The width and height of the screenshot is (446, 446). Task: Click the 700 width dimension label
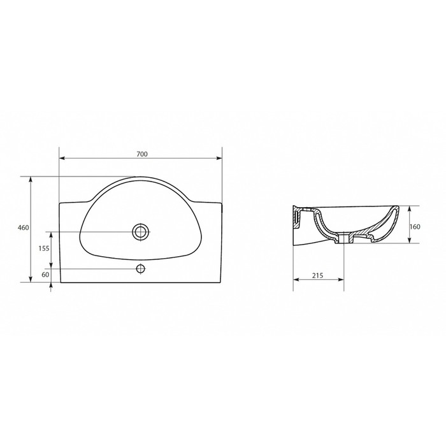pos(142,154)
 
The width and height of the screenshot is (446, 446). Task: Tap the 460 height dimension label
pos(24,228)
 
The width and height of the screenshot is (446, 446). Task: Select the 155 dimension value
pos(44,248)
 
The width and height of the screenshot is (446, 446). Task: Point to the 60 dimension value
pos(45,275)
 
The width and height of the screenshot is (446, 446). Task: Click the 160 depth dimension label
pos(415,227)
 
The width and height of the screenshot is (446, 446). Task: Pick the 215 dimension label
pos(317,275)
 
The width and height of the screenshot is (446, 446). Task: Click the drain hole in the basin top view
pos(141,232)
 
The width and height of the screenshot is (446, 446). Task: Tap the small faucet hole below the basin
pos(141,268)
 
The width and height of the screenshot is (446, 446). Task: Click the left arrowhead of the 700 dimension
pos(62,159)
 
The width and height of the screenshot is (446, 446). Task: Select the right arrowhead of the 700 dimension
pos(219,159)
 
